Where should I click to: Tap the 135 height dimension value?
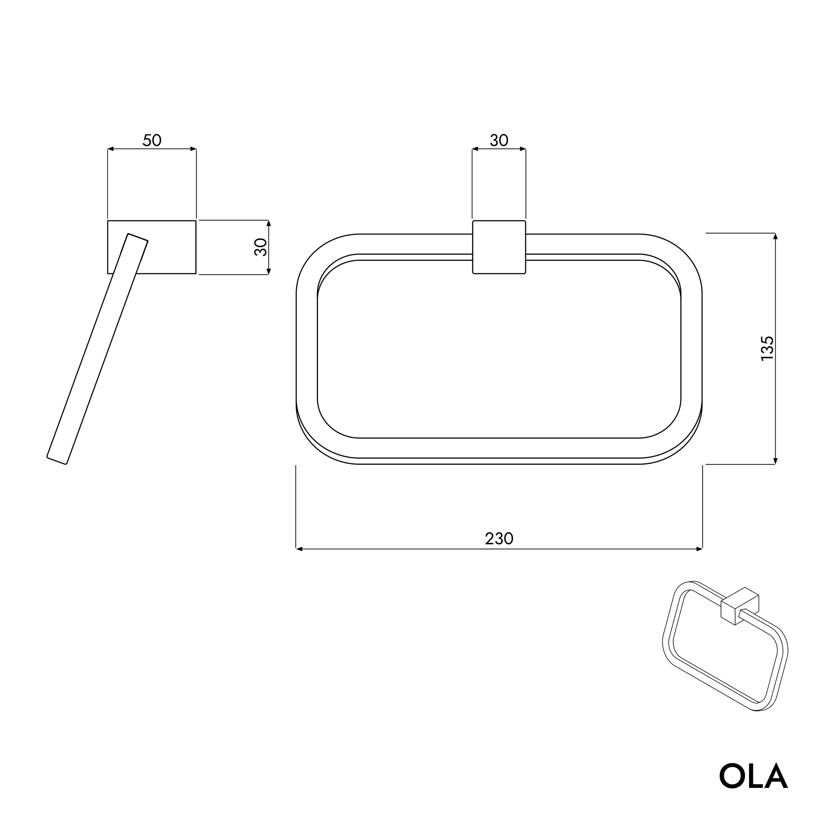click(767, 348)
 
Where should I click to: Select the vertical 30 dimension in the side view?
click(260, 247)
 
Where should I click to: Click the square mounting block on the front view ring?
click(499, 247)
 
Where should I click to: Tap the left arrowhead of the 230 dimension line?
click(299, 549)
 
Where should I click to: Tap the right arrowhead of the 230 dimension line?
click(699, 549)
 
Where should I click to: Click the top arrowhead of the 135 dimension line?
click(776, 236)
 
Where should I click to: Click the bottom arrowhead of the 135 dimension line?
click(776, 461)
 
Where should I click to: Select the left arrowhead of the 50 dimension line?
click(110, 149)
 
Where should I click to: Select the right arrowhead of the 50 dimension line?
click(193, 149)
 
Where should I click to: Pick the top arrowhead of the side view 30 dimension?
click(269, 223)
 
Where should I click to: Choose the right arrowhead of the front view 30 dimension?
click(523, 149)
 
